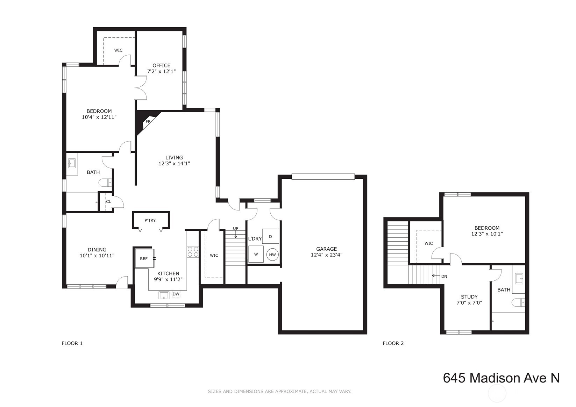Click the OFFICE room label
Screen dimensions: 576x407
coord(161,65)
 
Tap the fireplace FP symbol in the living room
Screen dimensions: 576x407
coord(148,121)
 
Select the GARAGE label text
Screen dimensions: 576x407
coord(326,249)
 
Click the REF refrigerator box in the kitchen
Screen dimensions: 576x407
coord(144,258)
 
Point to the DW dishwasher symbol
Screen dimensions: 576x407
coord(176,294)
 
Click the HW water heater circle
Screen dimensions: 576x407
coord(272,255)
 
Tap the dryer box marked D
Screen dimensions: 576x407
coord(271,236)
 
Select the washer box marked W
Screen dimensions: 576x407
coord(256,254)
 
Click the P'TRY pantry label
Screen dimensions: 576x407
coord(150,220)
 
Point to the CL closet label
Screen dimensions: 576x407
coord(108,201)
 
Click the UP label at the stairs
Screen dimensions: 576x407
coord(236,228)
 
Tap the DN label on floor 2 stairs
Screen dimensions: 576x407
coord(444,276)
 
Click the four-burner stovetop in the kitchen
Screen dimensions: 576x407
coord(193,252)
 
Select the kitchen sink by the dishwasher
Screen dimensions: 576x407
coord(164,295)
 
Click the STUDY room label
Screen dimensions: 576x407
coord(469,297)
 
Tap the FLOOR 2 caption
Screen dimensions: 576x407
coord(393,343)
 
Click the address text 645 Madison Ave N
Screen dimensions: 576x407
coord(501,378)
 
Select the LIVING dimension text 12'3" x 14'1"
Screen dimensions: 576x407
coord(174,164)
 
